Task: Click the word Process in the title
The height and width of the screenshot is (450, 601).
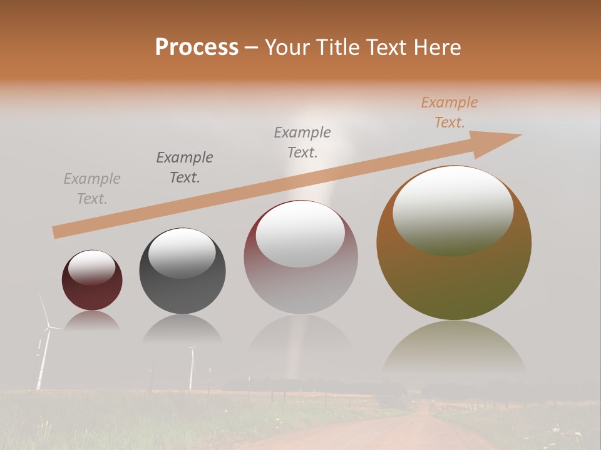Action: tap(197, 47)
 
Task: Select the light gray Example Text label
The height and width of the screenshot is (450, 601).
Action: tap(92, 189)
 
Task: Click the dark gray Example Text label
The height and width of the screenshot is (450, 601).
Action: tap(185, 167)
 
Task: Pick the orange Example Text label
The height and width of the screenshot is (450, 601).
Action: tap(449, 112)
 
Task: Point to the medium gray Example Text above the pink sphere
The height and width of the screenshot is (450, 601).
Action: tap(302, 142)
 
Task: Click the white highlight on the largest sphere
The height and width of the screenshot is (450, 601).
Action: tap(453, 209)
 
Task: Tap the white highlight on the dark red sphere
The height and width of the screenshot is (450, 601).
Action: tap(91, 267)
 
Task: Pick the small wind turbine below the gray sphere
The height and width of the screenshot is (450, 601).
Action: tap(192, 369)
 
